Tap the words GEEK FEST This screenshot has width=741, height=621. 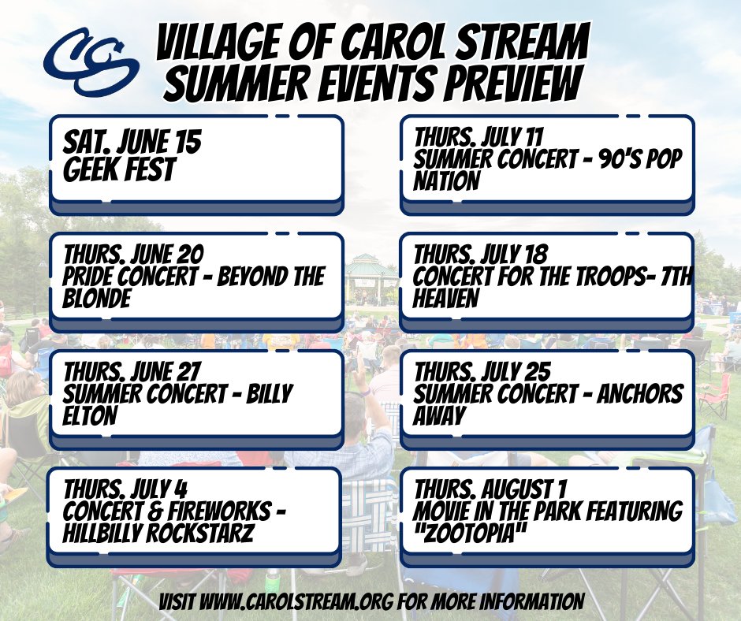tap(119, 170)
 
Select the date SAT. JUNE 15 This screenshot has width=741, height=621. tap(132, 143)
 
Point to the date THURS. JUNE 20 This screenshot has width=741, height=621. tap(133, 255)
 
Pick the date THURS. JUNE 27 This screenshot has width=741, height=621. tap(133, 371)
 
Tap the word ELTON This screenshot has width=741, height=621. tap(90, 415)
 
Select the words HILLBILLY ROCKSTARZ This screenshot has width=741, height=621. tap(158, 534)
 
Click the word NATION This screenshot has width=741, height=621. tap(446, 181)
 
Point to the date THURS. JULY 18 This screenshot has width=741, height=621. tap(482, 255)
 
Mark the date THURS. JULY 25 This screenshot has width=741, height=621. tap(482, 371)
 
